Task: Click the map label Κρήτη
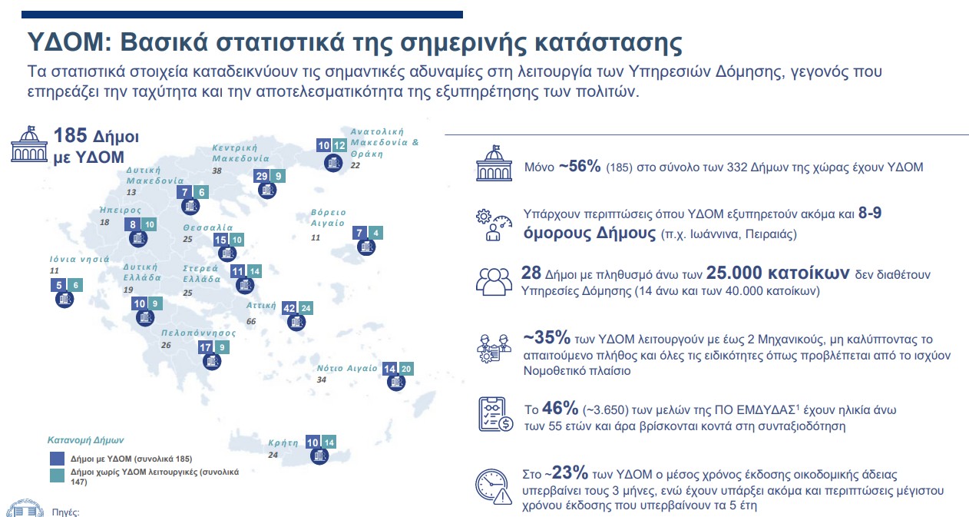[x=283, y=443]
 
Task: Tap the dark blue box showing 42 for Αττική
[x=289, y=308]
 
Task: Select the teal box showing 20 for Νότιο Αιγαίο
[x=405, y=369]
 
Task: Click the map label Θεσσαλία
[x=207, y=228]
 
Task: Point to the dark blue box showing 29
[x=262, y=176]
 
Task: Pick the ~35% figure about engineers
[x=546, y=338]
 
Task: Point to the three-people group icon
[x=494, y=280]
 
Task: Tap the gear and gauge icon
[x=494, y=224]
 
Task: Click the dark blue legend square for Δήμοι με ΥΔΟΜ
[x=57, y=458]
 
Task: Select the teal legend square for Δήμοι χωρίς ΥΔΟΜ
[x=57, y=476]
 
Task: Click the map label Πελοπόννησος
[x=198, y=333]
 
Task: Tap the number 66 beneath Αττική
[x=251, y=321]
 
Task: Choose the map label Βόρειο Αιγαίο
[x=328, y=217]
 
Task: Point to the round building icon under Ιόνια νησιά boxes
[x=63, y=300]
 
